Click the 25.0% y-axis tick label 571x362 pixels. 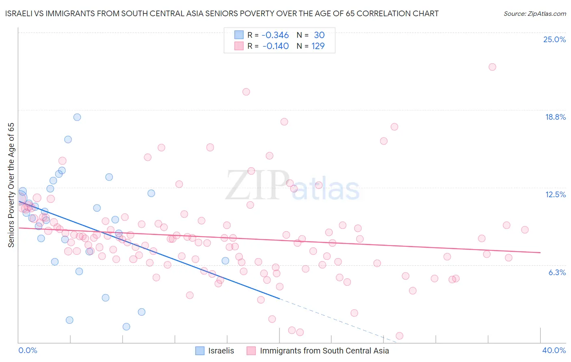[554, 40]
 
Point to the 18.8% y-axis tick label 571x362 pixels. [555, 117]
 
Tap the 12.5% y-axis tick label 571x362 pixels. [555, 195]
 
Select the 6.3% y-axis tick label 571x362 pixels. [557, 272]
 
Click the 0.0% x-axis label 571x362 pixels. [28, 350]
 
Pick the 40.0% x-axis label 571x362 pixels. [554, 350]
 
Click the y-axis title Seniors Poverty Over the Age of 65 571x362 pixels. [11, 185]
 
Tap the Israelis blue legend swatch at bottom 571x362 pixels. [200, 351]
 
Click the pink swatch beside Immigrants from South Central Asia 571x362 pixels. [251, 351]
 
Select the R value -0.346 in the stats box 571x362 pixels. [275, 35]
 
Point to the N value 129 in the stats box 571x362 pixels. [318, 46]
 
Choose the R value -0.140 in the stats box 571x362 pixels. [275, 46]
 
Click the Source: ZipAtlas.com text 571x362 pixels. [534, 14]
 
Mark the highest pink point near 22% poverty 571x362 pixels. [492, 67]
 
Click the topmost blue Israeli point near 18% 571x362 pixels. [77, 117]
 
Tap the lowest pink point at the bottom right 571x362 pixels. [399, 336]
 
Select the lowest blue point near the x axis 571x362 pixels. [126, 327]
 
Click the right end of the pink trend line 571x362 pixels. [540, 252]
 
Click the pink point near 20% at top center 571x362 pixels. [246, 92]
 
